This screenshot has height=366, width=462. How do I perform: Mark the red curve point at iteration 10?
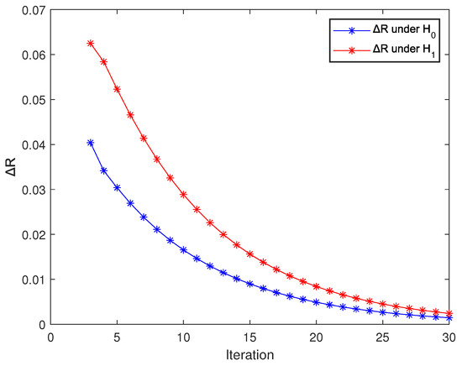pos(184,195)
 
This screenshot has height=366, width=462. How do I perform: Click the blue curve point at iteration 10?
pos(184,250)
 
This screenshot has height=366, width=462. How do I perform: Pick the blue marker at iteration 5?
pos(117,187)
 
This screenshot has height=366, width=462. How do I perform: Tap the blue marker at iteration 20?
pos(318,302)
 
